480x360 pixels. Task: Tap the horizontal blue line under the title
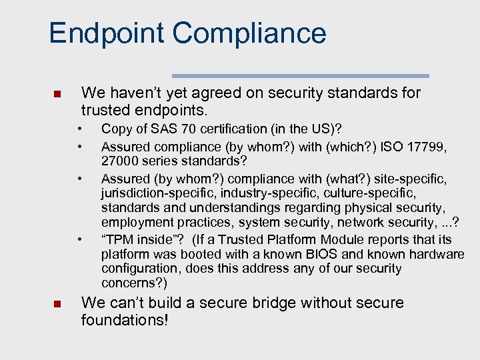pos(300,76)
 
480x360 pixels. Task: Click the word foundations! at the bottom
pos(124,320)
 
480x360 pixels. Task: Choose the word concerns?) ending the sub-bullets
pos(132,283)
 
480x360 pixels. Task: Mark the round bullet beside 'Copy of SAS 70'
pos(79,127)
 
